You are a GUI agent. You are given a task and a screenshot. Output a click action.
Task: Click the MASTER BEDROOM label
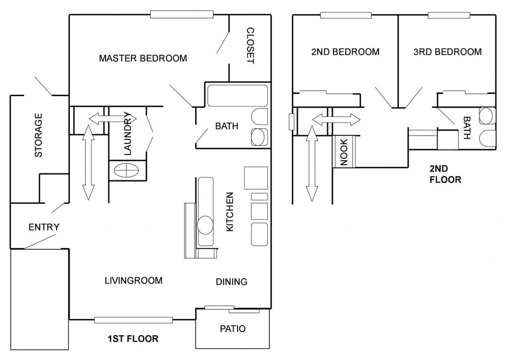pos(143,59)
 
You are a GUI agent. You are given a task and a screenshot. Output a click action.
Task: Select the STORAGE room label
pos(38,135)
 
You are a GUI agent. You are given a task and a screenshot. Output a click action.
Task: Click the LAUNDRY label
pos(127,133)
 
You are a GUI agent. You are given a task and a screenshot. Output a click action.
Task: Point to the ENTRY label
pos(44,227)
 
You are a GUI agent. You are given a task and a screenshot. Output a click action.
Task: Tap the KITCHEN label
pos(230,212)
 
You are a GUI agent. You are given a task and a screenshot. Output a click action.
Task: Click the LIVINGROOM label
pos(133,280)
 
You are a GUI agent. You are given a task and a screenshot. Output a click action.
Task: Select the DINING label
pos(232,282)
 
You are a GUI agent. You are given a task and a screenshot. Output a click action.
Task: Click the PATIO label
pos(233,329)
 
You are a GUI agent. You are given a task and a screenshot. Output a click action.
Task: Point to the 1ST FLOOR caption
pos(133,339)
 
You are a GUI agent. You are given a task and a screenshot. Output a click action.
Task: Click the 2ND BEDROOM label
pos(345,52)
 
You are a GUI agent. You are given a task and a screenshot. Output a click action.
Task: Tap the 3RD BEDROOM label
pos(447,52)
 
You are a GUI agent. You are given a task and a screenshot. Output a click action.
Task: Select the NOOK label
pos(344,152)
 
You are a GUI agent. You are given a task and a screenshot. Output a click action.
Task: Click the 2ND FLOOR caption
pos(445,174)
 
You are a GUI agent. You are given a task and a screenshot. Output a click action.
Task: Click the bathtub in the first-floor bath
pos(238,96)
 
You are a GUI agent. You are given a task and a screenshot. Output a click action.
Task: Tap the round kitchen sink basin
pos(205,225)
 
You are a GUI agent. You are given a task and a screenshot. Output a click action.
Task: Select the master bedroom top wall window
pos(182,14)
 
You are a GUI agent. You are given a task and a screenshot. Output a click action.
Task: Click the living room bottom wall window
pos(133,320)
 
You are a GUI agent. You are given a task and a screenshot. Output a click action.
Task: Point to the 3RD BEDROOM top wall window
pos(449,15)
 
